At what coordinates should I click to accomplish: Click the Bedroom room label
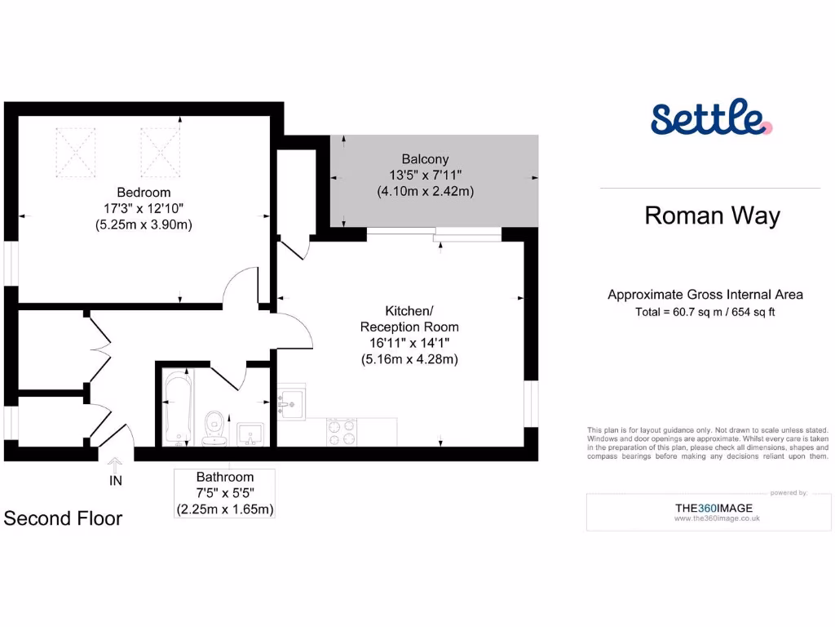pos(144,193)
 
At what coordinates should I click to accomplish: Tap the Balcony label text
pos(425,158)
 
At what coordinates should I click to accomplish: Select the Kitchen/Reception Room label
pos(409,319)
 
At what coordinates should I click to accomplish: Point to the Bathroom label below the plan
pos(225,477)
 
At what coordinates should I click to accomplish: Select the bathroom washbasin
pos(250,433)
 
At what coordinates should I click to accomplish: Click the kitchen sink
pos(291,402)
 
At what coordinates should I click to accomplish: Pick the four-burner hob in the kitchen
pos(342,431)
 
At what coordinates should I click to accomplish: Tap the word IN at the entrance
pos(116,481)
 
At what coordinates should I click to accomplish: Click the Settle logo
pos(710,119)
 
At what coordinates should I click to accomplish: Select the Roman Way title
pos(712,216)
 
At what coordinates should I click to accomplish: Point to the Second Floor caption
pos(63,518)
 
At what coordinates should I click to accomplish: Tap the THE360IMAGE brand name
pos(714,508)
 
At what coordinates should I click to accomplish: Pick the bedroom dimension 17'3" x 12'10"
pos(144,209)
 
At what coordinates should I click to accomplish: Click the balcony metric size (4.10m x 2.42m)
pos(425,191)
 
